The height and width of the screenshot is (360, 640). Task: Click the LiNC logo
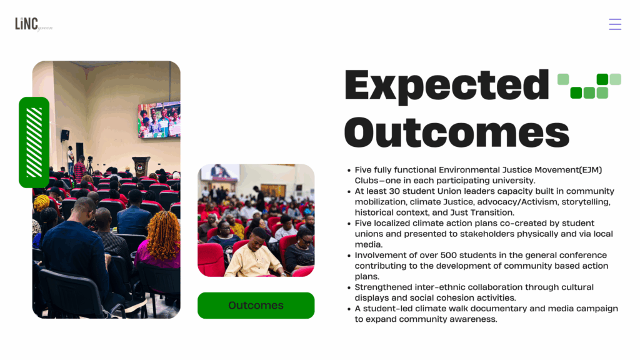[34, 24]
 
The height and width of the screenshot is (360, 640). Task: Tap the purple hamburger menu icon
[615, 24]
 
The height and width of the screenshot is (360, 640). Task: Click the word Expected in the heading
[446, 86]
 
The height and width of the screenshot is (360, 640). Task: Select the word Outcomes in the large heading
[457, 132]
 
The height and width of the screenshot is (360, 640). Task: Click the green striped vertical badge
[34, 142]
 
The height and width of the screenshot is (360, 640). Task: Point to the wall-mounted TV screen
[159, 119]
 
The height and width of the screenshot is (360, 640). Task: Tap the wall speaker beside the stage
[64, 135]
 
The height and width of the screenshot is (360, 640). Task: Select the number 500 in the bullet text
[449, 256]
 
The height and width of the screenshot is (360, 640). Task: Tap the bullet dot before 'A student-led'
[349, 309]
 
